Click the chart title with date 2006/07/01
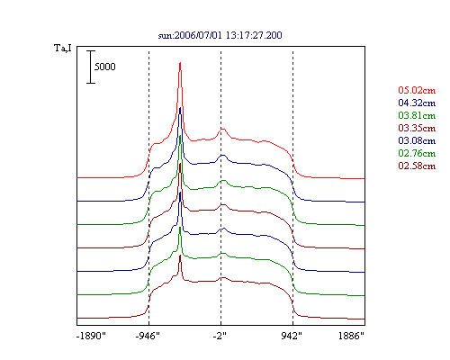coord(220,35)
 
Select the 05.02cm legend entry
coord(417,90)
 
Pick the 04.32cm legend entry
coord(417,103)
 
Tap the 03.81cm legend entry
coord(417,115)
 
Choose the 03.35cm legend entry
coord(417,128)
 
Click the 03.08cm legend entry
coord(417,140)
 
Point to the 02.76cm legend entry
coord(417,153)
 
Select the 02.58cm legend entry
coord(417,166)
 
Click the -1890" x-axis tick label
coord(92,336)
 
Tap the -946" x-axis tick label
coord(148,336)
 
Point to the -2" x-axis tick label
coord(220,336)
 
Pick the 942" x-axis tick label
coord(292,336)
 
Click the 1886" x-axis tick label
coord(351,336)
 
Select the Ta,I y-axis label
coord(63,48)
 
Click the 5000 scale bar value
coord(105,67)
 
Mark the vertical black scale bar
coord(91,67)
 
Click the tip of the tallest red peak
coord(180,62)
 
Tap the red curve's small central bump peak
coord(222,129)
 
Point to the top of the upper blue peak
coord(180,107)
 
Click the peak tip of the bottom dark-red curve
coord(180,256)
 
